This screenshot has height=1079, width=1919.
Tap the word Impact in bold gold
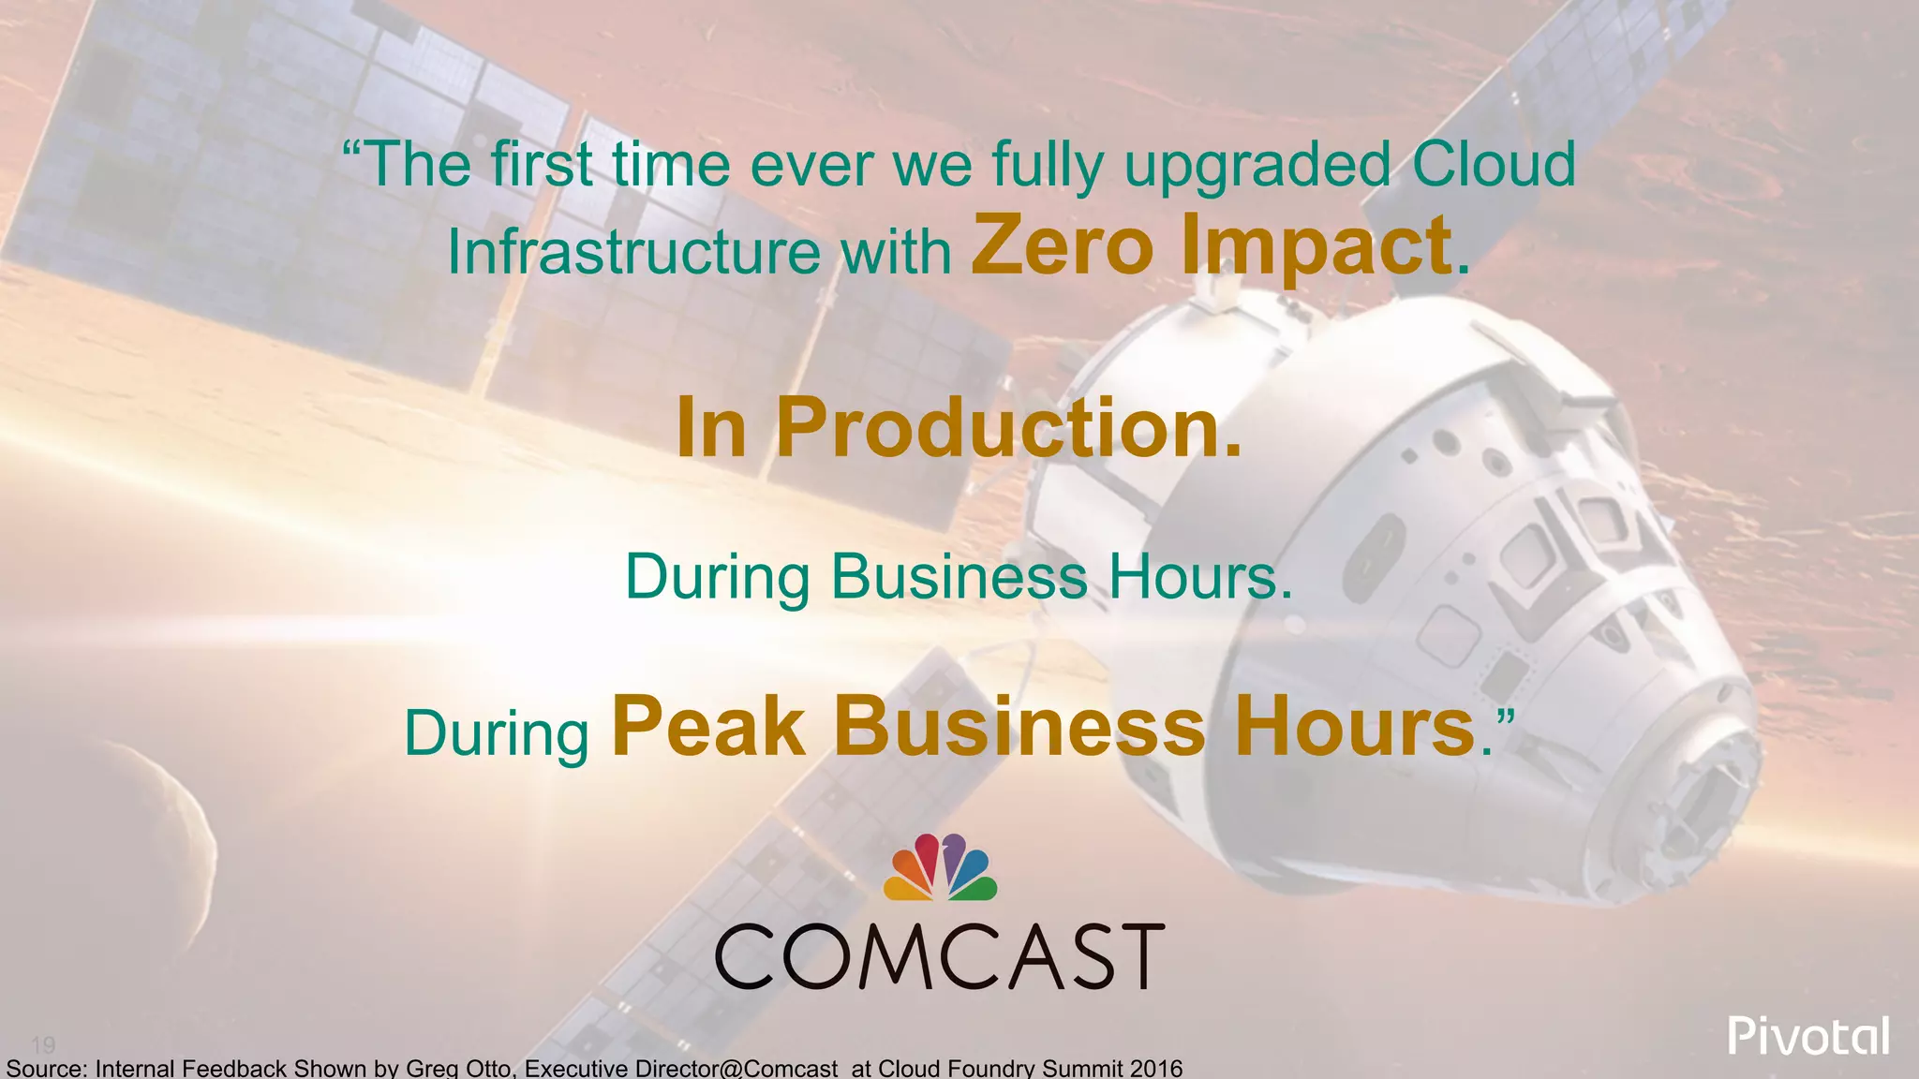click(1316, 247)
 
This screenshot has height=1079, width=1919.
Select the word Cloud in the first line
click(1494, 165)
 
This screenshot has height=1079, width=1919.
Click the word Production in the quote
click(1008, 428)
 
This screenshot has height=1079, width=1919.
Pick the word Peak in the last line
click(708, 728)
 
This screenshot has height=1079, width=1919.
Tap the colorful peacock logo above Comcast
click(940, 867)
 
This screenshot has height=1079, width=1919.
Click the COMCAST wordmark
click(940, 955)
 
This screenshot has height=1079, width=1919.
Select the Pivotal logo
click(1808, 1037)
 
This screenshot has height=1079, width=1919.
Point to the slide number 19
click(43, 1044)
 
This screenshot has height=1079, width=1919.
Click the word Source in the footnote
click(45, 1068)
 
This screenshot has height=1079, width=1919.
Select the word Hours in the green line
click(1199, 577)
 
